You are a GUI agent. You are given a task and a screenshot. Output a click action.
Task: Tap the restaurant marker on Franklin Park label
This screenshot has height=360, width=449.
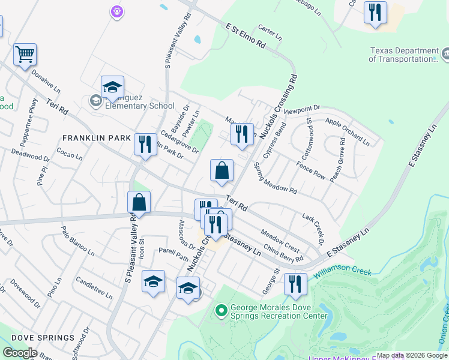click(145, 145)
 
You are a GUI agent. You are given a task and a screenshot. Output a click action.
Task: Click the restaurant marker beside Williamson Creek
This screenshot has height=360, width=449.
click(295, 284)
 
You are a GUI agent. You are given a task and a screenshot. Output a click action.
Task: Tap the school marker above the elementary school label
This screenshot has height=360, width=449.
click(112, 88)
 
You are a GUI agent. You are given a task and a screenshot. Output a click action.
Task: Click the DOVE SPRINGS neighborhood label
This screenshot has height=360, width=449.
click(38, 338)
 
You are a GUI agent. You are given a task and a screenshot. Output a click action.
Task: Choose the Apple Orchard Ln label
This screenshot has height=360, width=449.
click(347, 131)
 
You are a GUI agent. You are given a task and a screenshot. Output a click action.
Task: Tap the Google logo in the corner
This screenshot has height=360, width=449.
click(20, 352)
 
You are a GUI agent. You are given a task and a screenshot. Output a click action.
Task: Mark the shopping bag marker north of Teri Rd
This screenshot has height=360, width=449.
click(221, 171)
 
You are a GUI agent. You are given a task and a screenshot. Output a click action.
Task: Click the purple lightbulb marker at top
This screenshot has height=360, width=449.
click(117, 11)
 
